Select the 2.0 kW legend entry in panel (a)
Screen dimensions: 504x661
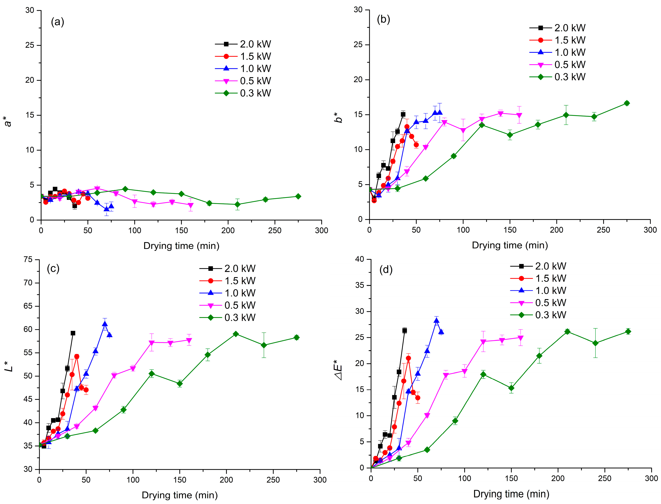click(243, 44)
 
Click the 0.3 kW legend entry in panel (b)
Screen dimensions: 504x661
click(558, 77)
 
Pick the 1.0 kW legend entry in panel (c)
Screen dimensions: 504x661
click(227, 293)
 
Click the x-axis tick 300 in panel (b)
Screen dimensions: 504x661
click(650, 230)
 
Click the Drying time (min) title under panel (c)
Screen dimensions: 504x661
click(179, 495)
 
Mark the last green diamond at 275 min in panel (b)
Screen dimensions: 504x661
click(626, 103)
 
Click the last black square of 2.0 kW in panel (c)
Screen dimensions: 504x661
click(73, 333)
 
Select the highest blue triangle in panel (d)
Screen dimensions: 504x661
click(436, 320)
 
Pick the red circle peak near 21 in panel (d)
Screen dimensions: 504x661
click(408, 358)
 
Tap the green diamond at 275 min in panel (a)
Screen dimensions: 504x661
click(298, 196)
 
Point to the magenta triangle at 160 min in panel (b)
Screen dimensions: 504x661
click(519, 115)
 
